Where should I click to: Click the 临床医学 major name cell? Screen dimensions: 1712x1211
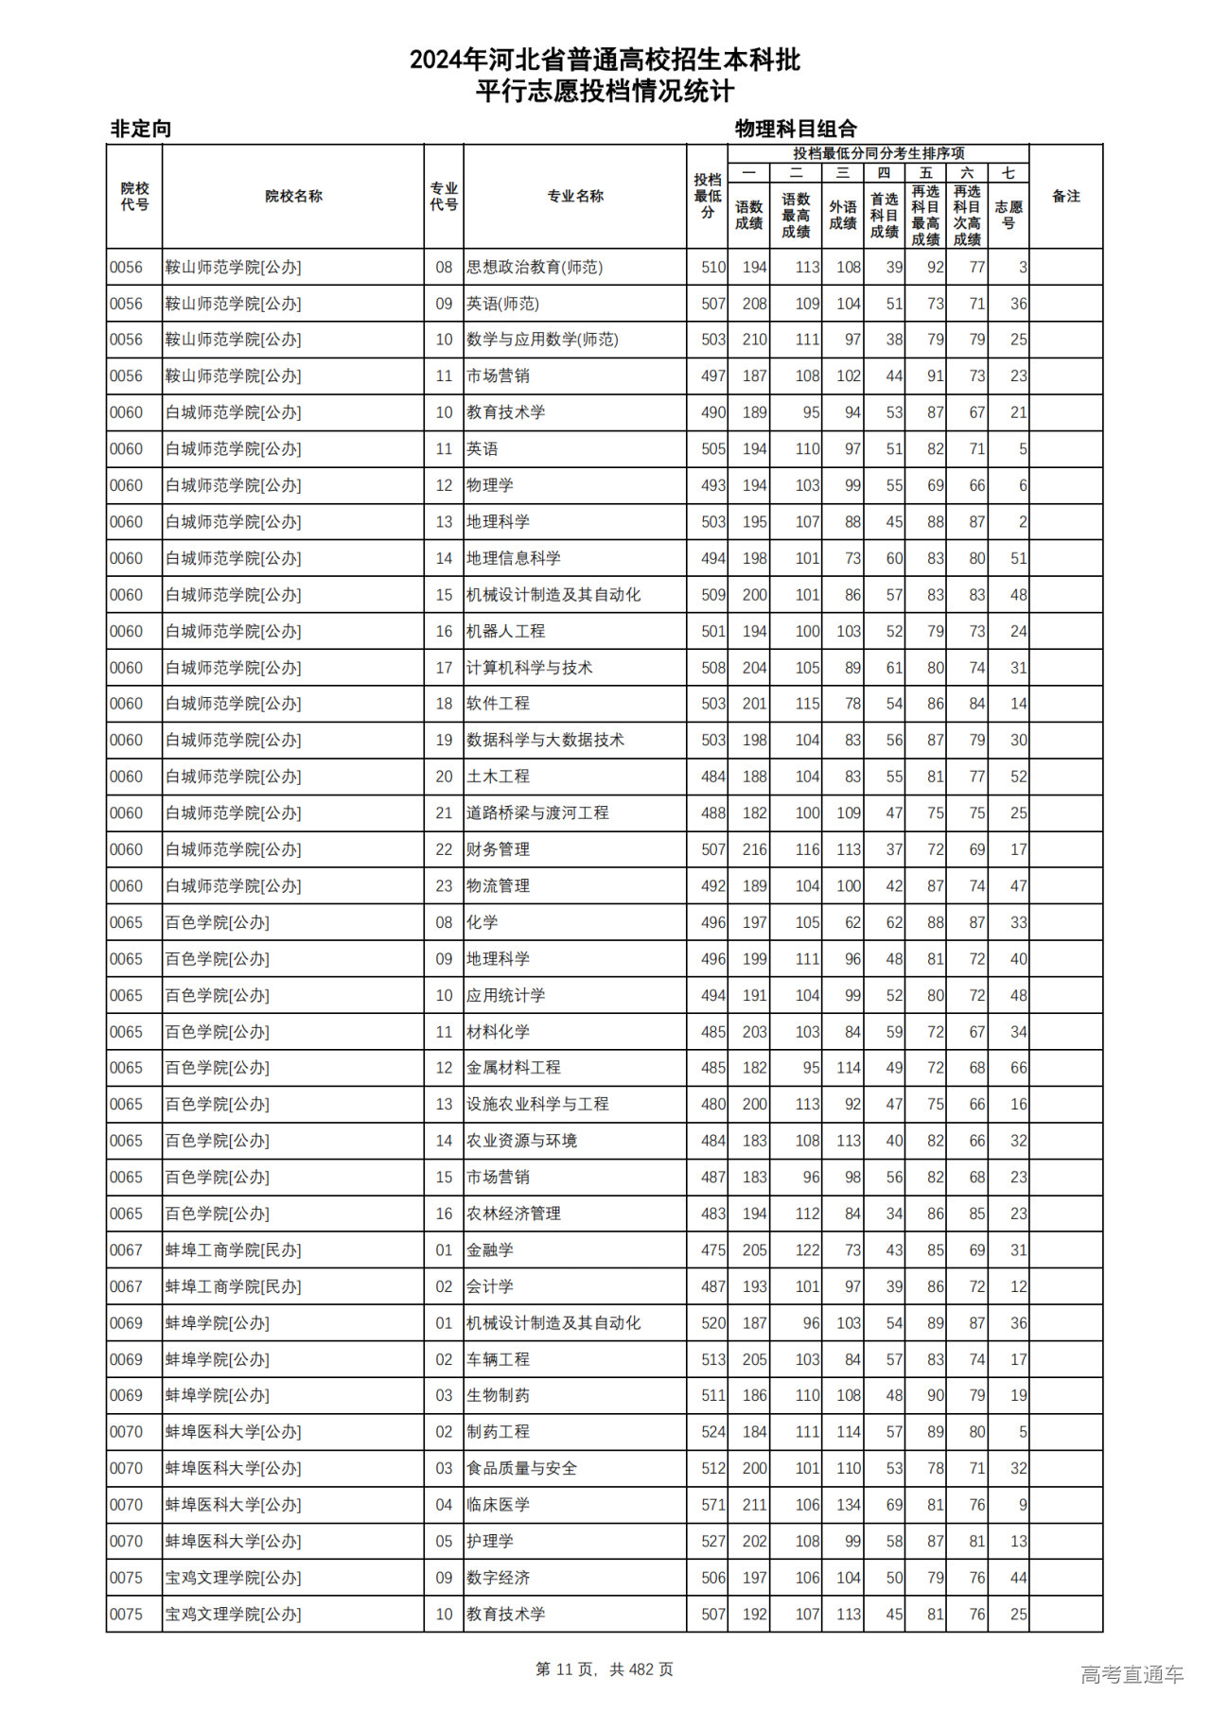click(498, 1505)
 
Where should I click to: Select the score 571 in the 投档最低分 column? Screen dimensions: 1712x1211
click(712, 1505)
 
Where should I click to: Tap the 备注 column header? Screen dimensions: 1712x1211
click(1065, 197)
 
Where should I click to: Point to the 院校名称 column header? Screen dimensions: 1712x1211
click(293, 197)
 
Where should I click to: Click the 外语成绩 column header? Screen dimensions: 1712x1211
click(842, 215)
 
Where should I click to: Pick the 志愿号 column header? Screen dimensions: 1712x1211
click(1009, 215)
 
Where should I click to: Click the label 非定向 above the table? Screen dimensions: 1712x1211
click(141, 129)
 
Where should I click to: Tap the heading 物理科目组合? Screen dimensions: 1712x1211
click(796, 129)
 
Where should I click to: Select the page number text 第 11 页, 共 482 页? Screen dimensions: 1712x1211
click(605, 1670)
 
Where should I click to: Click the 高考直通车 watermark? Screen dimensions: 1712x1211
click(1132, 1675)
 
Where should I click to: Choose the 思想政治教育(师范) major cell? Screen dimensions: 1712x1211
click(535, 268)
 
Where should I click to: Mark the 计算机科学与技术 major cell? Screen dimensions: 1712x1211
click(529, 668)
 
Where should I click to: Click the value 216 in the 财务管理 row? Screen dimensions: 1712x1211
click(754, 849)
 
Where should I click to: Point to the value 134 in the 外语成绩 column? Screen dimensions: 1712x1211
click(848, 1505)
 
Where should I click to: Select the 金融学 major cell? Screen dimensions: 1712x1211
click(490, 1250)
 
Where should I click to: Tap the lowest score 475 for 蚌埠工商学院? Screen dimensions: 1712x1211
click(712, 1250)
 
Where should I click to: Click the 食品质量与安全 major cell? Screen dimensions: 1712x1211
click(521, 1469)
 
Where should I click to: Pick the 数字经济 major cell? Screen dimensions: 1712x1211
click(498, 1578)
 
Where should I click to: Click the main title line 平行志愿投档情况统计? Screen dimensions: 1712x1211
click(605, 92)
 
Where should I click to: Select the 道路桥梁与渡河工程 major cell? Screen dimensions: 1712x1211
click(537, 813)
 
